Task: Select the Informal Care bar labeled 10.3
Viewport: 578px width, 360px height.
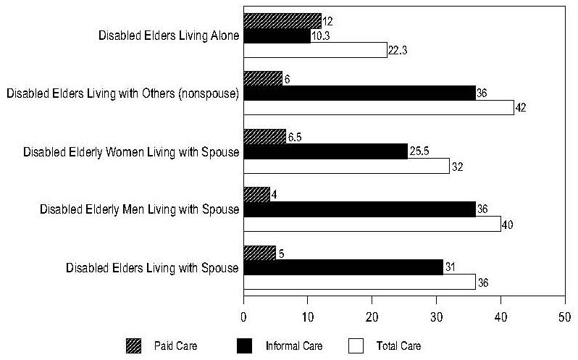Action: pyautogui.click(x=277, y=35)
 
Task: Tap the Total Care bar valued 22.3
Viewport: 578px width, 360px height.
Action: pyautogui.click(x=315, y=50)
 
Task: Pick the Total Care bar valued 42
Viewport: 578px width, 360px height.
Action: pyautogui.click(x=378, y=107)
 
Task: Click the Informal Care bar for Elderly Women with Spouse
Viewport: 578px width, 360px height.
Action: pyautogui.click(x=325, y=151)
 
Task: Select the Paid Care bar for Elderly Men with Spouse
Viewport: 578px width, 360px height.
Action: pyautogui.click(x=256, y=194)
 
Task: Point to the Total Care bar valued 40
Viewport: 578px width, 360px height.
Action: pyautogui.click(x=372, y=224)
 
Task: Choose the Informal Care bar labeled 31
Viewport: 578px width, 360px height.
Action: pyautogui.click(x=343, y=267)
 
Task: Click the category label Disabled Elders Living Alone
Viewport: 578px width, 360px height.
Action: pyautogui.click(x=168, y=35)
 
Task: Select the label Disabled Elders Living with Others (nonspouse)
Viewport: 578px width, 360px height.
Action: pyautogui.click(x=122, y=93)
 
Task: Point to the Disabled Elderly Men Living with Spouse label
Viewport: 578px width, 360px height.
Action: pyautogui.click(x=139, y=210)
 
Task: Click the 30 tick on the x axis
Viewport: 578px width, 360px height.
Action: pyautogui.click(x=436, y=317)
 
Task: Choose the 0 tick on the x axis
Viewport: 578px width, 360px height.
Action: pyautogui.click(x=243, y=317)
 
